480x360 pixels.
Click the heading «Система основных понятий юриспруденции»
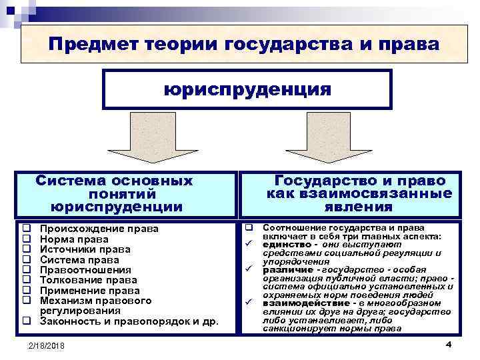coord(115,193)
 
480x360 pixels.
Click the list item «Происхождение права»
coord(99,229)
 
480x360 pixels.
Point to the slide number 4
coord(448,344)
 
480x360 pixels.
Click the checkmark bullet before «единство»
coord(247,245)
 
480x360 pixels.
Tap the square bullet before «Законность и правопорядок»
coord(26,321)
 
